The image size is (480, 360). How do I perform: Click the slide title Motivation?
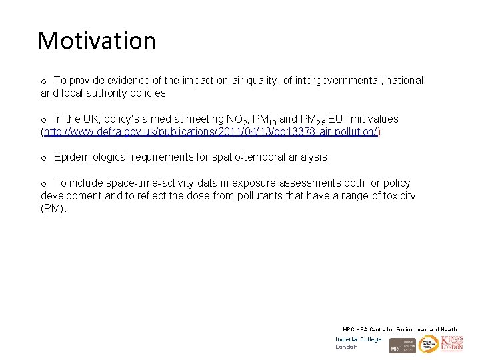[97, 41]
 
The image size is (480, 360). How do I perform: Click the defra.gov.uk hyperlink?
[211, 132]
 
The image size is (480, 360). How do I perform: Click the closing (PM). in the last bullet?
[54, 209]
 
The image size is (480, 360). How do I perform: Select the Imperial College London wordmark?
[359, 343]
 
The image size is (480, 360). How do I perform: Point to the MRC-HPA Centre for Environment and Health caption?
[399, 329]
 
